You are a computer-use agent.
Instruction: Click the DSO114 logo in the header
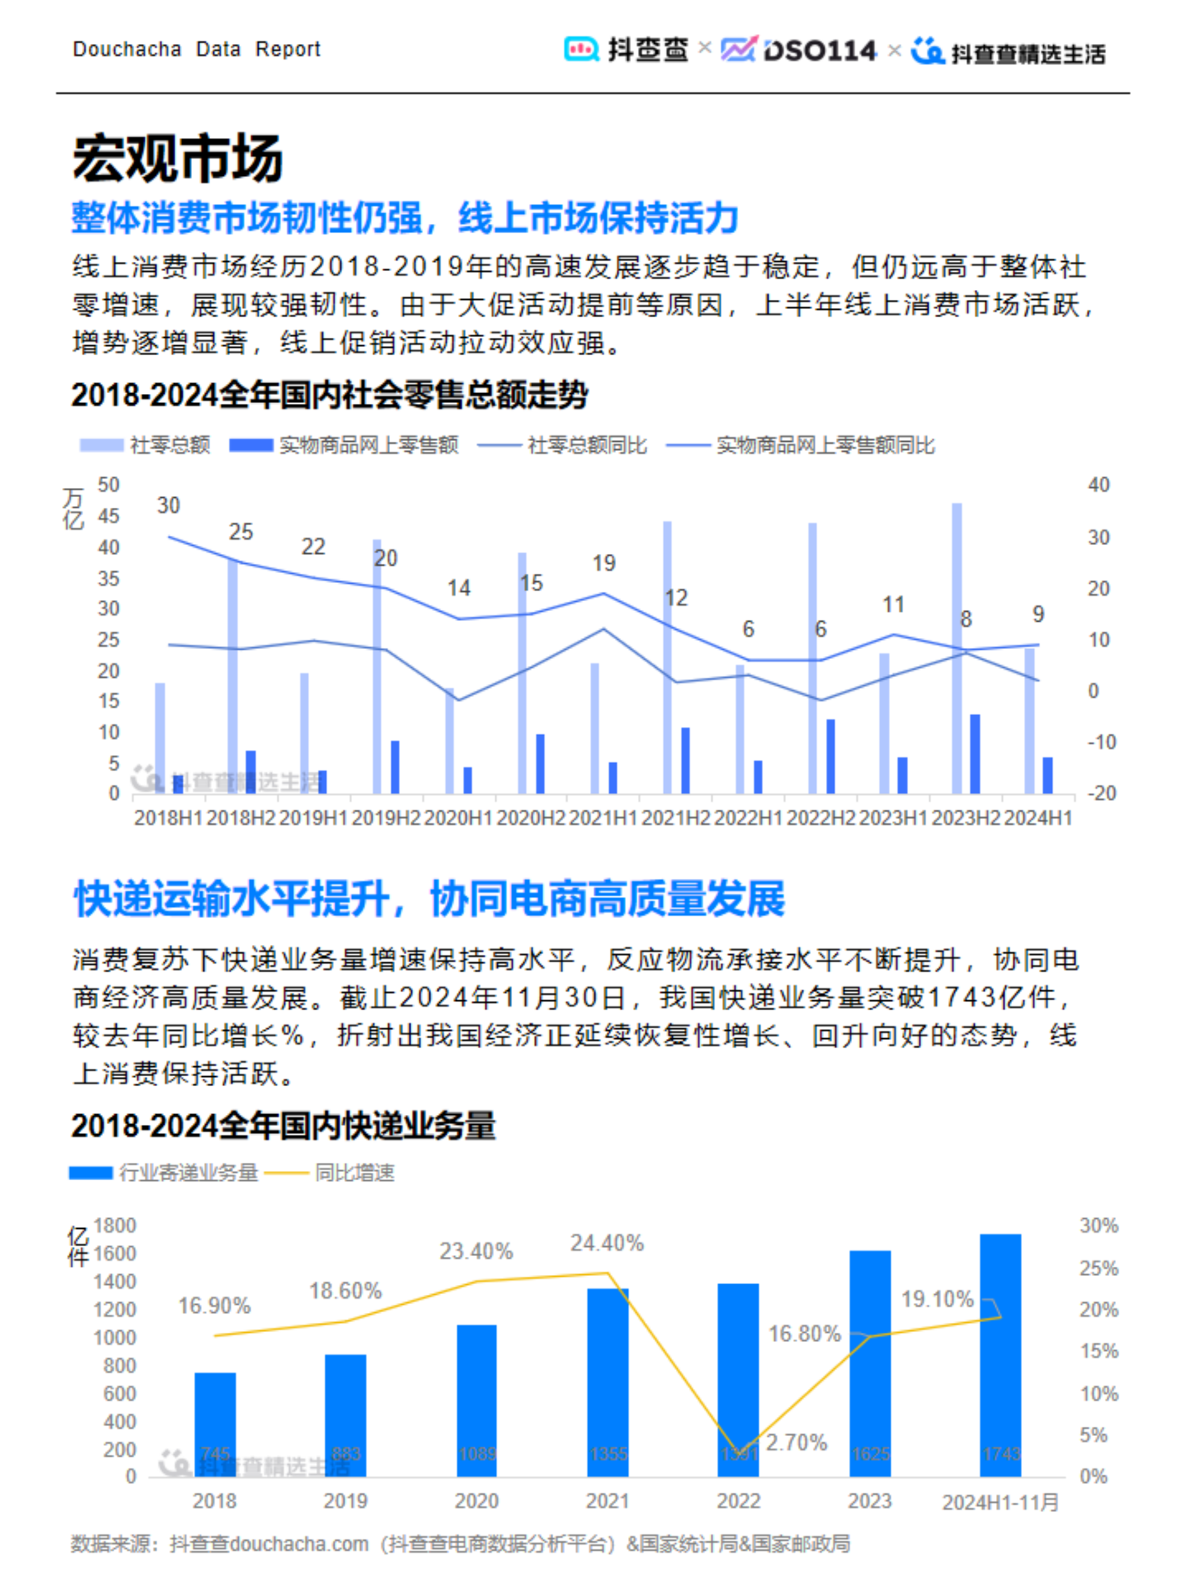coord(800,51)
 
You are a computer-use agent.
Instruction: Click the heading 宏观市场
coord(177,159)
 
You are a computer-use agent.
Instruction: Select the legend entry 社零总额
coord(146,445)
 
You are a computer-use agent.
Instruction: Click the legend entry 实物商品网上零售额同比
coord(801,445)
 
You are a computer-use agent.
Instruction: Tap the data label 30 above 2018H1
coord(168,505)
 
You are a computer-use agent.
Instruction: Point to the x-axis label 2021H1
coord(603,818)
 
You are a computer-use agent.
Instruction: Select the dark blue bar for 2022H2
coord(831,757)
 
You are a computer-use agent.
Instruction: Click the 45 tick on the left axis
coord(108,516)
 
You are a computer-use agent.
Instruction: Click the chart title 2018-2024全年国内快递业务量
coord(283,1126)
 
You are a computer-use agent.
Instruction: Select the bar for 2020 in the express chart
coord(476,1401)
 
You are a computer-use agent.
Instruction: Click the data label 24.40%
coord(607,1243)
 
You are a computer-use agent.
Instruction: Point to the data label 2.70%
coord(797,1442)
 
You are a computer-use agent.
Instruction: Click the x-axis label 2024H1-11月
coord(1000,1502)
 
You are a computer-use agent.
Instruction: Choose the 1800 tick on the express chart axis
coord(114,1225)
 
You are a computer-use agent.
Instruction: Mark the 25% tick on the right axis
coord(1098,1268)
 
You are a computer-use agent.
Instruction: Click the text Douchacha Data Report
coord(196,49)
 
